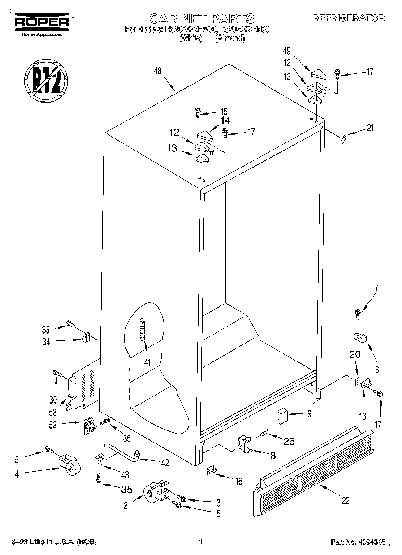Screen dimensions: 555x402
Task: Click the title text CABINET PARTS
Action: (x=202, y=18)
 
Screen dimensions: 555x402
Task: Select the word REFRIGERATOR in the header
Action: (x=349, y=18)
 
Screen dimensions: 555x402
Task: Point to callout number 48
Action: (x=157, y=71)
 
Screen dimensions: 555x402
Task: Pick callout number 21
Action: (x=370, y=129)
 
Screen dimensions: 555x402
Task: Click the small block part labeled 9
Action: (x=281, y=415)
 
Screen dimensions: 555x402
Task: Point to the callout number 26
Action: (x=289, y=441)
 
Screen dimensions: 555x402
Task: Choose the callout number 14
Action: (x=225, y=120)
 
